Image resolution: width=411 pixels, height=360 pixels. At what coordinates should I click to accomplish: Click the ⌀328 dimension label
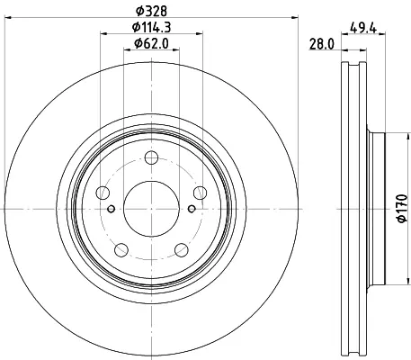[x=151, y=12]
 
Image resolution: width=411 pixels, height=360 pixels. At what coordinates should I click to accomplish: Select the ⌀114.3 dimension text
[x=151, y=27]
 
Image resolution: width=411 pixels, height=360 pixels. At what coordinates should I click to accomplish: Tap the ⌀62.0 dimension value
[x=151, y=43]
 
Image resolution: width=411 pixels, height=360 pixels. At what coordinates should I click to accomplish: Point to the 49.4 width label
[x=363, y=28]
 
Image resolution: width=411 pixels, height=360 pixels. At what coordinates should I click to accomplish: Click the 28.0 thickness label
[x=322, y=45]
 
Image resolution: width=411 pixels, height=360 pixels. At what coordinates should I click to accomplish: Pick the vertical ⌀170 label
[x=402, y=209]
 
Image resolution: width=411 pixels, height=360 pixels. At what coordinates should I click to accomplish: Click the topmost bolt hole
[x=151, y=157]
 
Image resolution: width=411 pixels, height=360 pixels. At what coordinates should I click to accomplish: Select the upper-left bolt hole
[x=103, y=193]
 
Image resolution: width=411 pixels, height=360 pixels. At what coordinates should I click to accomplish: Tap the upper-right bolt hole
[x=200, y=193]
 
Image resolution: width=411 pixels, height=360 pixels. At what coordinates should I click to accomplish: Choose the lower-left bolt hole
[x=121, y=250]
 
